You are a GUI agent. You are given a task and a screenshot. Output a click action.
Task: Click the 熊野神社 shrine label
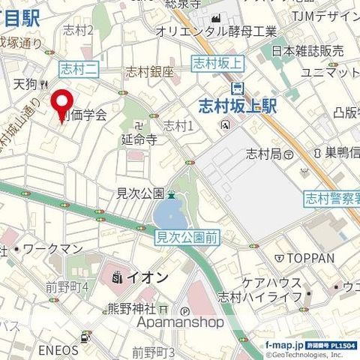tap(131, 308)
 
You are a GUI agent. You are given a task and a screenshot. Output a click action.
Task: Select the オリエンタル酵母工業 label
tap(216, 31)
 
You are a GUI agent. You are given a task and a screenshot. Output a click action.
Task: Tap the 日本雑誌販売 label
tap(307, 50)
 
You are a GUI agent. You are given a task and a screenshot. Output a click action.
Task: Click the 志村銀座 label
tap(149, 73)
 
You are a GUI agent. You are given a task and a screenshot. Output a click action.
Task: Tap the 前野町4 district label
tap(67, 286)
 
